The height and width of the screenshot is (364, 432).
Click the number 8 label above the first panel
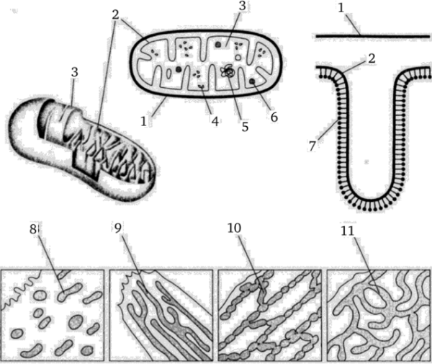click(33, 229)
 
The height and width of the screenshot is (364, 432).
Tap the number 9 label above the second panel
click(117, 228)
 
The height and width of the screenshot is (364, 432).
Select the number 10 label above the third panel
click(235, 228)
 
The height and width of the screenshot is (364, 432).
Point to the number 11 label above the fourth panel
click(347, 231)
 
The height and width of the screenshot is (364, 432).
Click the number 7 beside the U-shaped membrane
click(312, 146)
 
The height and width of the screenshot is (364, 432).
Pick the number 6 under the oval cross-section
click(274, 117)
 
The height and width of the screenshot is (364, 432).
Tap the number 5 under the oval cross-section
click(245, 127)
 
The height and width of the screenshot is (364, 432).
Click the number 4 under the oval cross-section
click(215, 121)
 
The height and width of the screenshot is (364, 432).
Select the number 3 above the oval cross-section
click(242, 6)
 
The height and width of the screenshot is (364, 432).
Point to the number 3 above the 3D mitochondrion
click(74, 72)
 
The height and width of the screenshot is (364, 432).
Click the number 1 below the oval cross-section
click(143, 121)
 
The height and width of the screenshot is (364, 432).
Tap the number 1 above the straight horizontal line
click(341, 8)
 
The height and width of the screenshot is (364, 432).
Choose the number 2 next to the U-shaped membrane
click(372, 58)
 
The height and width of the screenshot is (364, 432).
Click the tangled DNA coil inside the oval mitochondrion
click(228, 71)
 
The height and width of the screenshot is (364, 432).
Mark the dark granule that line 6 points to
click(252, 81)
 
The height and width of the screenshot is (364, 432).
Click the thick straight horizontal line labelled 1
click(372, 36)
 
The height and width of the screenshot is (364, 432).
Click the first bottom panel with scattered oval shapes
click(53, 315)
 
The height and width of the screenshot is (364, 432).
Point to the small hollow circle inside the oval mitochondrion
click(238, 58)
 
